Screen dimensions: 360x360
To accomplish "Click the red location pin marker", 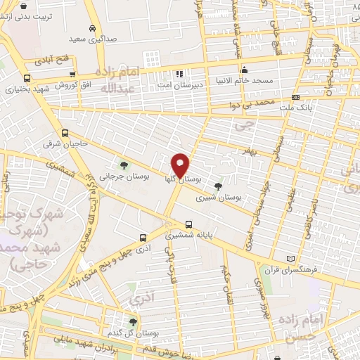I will (181, 165).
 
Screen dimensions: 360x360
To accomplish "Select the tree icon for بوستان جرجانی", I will (124, 165).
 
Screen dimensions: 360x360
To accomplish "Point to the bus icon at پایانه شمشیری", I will (188, 225).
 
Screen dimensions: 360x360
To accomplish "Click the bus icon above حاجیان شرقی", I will (65, 133).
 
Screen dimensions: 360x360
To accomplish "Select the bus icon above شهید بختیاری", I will (27, 79).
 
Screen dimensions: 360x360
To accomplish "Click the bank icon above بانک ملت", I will (295, 97).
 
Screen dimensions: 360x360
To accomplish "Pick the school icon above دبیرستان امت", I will (179, 73).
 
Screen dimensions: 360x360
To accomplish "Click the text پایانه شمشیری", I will (188, 237).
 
